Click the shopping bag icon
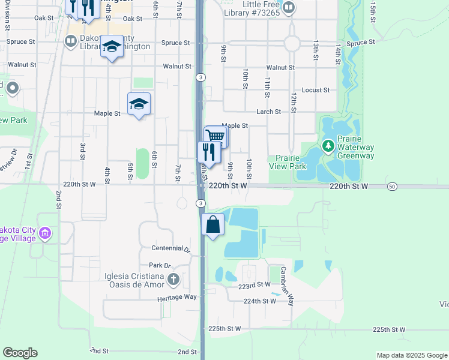point(213,225)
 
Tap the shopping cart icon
point(216,136)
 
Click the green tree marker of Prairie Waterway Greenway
point(328,146)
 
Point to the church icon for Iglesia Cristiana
point(173,278)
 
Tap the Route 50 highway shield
point(392,186)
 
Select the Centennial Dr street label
point(170,248)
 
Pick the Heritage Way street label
point(177,297)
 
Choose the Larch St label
point(269,112)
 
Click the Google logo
point(20,353)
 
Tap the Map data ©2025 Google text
point(411,355)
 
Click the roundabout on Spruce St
point(292,43)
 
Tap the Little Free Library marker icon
point(288,8)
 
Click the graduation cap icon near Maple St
point(139,104)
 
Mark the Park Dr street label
point(160,265)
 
